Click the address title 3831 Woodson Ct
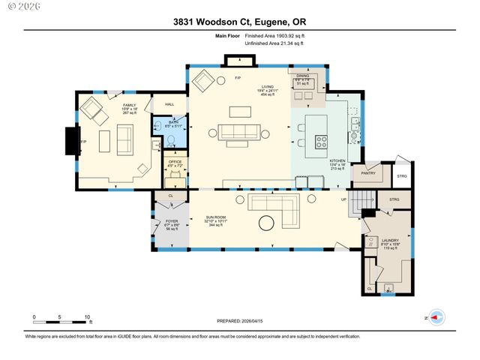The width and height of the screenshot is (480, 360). [240, 22]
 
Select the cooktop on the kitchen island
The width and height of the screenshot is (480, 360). [321, 139]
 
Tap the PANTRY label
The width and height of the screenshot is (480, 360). [367, 173]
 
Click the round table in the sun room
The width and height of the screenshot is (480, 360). [266, 223]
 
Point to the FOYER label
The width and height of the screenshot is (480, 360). [172, 221]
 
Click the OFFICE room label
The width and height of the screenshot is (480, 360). [175, 162]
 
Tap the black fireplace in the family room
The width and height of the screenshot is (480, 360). [72, 141]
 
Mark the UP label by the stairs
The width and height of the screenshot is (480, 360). [344, 200]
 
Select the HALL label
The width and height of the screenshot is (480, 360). [169, 104]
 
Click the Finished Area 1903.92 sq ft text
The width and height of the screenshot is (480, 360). [274, 36]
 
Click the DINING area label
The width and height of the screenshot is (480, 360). [302, 76]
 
